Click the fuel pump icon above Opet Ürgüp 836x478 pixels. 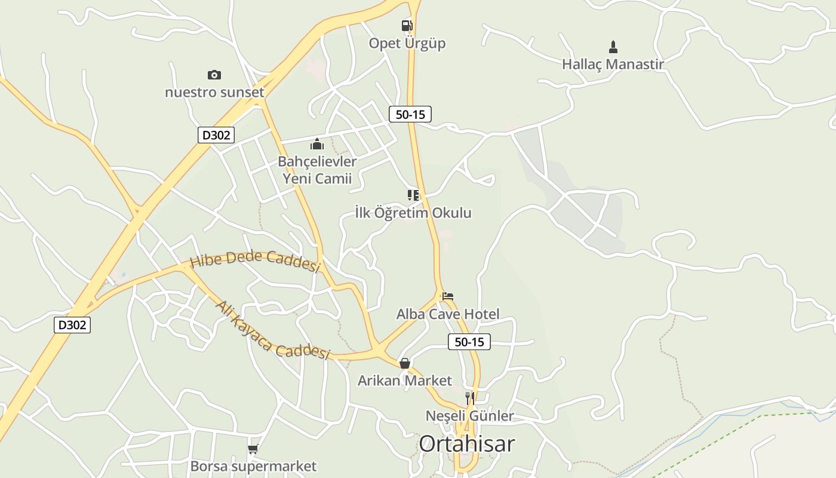tap(407, 25)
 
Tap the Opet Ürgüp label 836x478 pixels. tap(407, 44)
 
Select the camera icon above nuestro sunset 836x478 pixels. tap(214, 75)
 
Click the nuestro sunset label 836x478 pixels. tap(214, 93)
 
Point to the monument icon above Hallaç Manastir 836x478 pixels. tap(613, 47)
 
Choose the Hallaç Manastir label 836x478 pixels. tap(613, 64)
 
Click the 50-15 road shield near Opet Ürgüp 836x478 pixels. tap(410, 114)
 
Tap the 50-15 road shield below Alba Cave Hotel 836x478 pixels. tap(469, 342)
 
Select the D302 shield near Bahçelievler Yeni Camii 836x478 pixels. tap(216, 135)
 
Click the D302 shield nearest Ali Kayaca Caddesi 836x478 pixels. tap(72, 325)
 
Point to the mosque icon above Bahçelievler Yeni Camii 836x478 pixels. tap(316, 144)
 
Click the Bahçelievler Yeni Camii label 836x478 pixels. tap(317, 170)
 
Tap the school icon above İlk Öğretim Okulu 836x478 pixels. tap(413, 195)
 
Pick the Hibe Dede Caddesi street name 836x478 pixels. tap(256, 262)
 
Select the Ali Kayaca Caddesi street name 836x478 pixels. tap(272, 330)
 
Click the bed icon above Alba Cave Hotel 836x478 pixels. tap(448, 296)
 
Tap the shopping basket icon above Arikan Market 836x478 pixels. tap(404, 363)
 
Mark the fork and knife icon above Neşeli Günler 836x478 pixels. tap(470, 398)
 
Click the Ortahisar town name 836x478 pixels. tap(466, 444)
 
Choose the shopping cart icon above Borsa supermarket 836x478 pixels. tap(253, 449)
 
